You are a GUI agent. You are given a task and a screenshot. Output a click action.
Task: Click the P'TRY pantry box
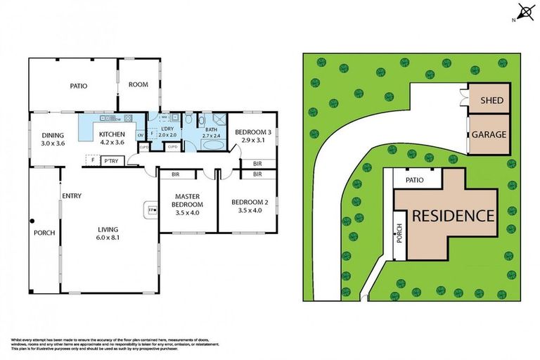(110, 161)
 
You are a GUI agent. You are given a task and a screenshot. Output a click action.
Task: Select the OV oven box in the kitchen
(140, 135)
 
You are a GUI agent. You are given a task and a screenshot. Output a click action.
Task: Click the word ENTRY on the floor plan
(72, 196)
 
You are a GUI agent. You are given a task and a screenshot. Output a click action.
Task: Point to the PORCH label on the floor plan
(44, 233)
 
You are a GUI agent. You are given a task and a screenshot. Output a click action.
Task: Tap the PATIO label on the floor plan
(78, 86)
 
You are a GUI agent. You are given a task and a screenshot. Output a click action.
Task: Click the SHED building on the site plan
(491, 101)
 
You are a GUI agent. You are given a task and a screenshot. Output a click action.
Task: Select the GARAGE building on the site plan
(489, 134)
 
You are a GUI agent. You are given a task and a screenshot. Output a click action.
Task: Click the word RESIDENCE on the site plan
(452, 215)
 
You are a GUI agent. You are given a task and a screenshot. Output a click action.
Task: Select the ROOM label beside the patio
(139, 84)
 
